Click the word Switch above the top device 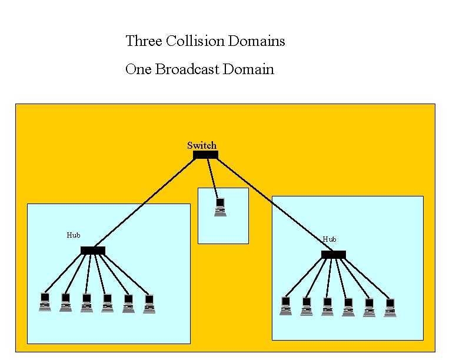point(202,145)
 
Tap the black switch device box point(205,155)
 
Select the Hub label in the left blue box point(74,235)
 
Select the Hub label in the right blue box point(329,239)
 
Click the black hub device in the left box point(93,251)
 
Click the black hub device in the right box point(334,255)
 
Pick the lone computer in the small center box point(221,207)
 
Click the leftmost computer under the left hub point(45,301)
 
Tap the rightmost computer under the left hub point(149,304)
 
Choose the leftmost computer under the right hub point(286,306)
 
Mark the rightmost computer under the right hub point(390,308)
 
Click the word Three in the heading point(144,41)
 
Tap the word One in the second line point(139,69)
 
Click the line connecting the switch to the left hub point(147,204)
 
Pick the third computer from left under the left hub point(86,302)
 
